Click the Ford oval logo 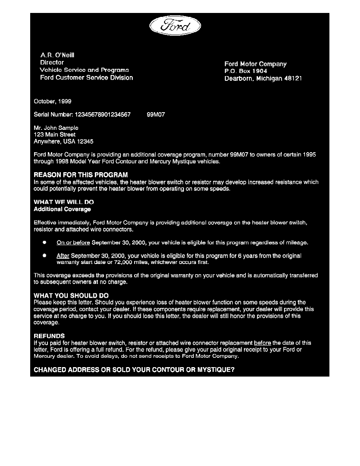pos(175,26)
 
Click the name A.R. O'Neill pos(57,55)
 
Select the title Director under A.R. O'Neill pos(52,62)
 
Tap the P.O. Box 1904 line pos(245,71)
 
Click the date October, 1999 pos(53,101)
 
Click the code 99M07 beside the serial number pos(156,115)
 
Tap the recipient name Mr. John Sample pos(56,128)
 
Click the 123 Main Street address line pos(55,135)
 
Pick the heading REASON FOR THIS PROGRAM pos(80,175)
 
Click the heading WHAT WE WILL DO pos(64,202)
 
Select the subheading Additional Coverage pos(62,209)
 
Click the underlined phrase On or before pos(73,243)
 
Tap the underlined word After pos(63,256)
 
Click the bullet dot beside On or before pos(45,242)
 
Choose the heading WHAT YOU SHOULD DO pos(71,295)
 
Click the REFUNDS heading pos(49,336)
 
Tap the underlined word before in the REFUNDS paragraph pos(262,343)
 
